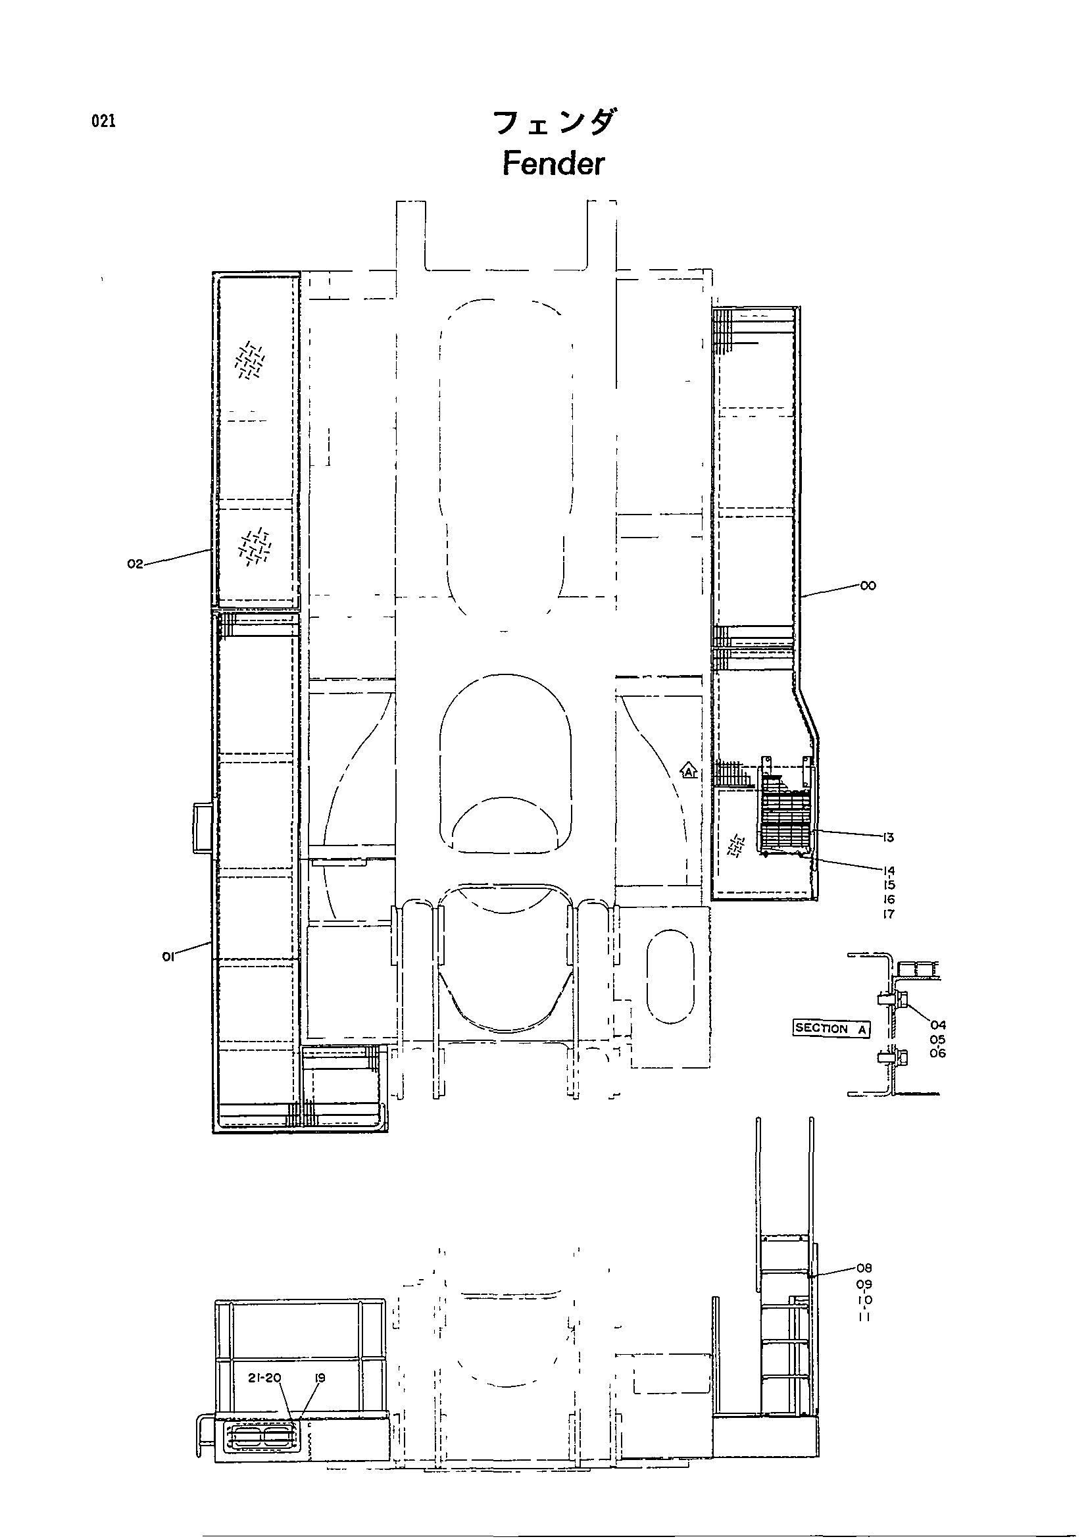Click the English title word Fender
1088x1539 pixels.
click(553, 164)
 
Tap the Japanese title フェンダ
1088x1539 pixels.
click(553, 122)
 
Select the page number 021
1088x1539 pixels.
click(104, 121)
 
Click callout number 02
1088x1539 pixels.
click(136, 565)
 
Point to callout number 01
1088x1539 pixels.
click(168, 958)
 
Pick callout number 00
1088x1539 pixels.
click(868, 586)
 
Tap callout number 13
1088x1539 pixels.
click(888, 837)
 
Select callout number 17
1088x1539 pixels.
click(888, 915)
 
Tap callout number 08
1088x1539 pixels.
click(864, 1268)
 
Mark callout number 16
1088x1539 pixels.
click(888, 899)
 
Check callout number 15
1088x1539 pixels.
click(888, 886)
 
